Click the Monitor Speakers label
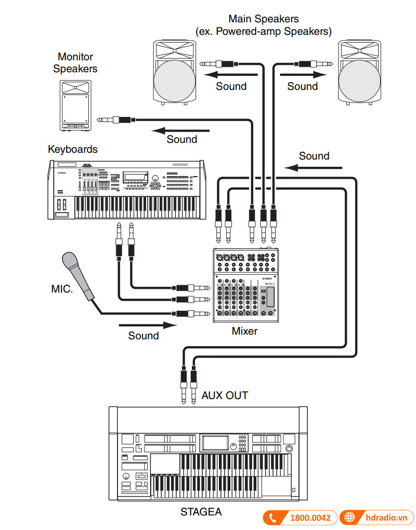pos(75,62)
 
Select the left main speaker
pos(175,72)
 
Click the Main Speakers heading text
pos(263,25)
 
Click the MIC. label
pos(62,288)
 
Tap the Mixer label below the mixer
pos(244,331)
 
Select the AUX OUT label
pos(225,395)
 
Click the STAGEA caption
pos(201,512)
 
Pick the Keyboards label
pos(72,149)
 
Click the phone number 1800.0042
pos(310,518)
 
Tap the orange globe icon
pos(349,518)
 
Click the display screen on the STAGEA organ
pos(214,443)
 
